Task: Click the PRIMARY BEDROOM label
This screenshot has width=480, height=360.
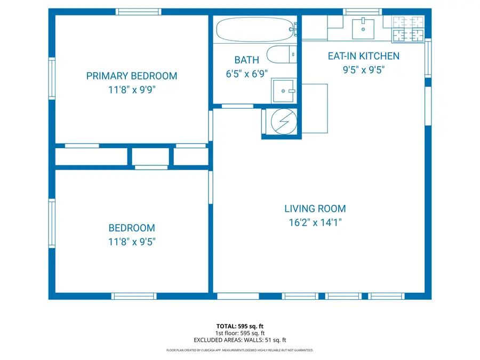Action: pos(131,76)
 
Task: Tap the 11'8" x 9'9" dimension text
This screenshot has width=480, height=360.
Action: pos(131,90)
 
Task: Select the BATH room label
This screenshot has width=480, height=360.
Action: pos(246,60)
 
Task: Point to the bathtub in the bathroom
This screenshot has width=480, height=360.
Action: pos(255,29)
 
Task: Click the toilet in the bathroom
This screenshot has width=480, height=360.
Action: pos(281,54)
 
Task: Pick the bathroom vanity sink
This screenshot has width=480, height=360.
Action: pos(283,91)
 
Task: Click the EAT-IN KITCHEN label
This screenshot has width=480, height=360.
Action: pos(363,56)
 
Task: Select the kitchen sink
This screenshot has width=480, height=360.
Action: pos(363,28)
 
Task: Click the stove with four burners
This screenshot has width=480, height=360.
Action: pos(408,29)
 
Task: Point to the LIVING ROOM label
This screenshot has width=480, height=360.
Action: pos(315,209)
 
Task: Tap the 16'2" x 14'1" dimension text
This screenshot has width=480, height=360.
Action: pos(315,223)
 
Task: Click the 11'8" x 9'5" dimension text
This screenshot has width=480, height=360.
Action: pos(131,242)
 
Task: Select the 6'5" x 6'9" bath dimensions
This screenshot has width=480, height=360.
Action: pos(246,74)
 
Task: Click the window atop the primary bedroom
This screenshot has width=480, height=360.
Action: pos(138,12)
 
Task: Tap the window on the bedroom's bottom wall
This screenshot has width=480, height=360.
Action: pos(134,296)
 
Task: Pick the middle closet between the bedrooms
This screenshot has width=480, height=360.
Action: pos(150,157)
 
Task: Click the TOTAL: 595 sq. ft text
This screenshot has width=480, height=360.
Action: pos(239,325)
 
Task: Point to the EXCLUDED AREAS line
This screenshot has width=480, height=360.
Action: pos(239,340)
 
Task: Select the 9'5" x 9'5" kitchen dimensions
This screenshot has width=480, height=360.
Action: pos(363,70)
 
